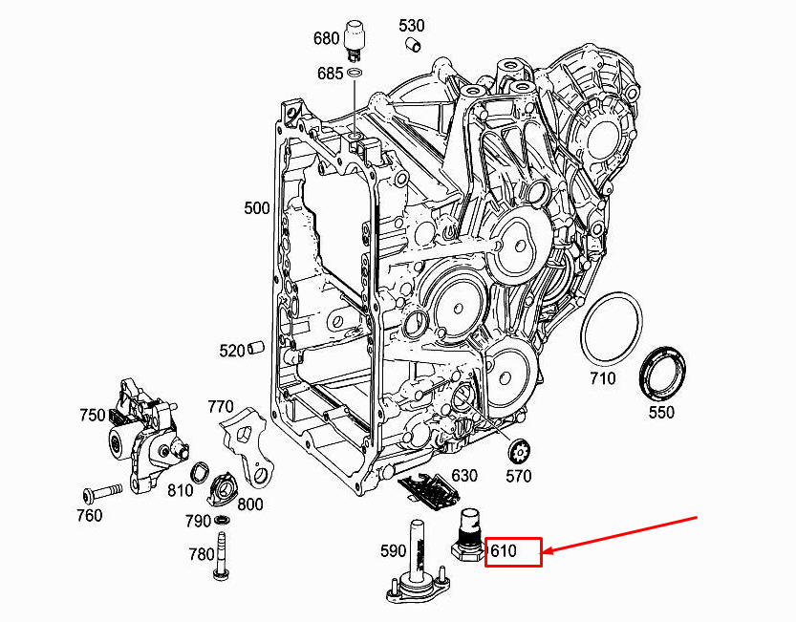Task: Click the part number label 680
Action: tap(327, 39)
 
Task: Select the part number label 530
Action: tap(412, 25)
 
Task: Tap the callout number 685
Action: tap(331, 73)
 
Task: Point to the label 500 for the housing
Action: tap(257, 207)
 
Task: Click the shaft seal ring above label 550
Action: tap(661, 372)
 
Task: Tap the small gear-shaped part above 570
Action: tap(520, 449)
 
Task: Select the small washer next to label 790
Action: tap(222, 520)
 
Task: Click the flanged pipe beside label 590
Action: tap(419, 568)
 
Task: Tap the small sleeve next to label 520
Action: tap(256, 349)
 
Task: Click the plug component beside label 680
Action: tap(356, 32)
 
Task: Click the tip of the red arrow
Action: tap(546, 551)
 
